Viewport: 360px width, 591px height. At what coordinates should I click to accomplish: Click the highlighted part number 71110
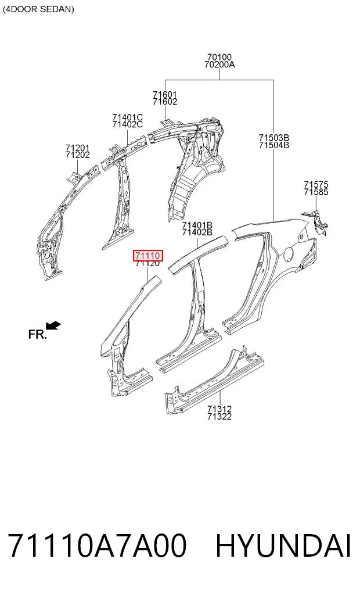tap(148, 256)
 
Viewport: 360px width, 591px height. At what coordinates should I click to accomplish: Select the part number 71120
tap(148, 263)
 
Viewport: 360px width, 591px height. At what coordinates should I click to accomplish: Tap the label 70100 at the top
tap(219, 58)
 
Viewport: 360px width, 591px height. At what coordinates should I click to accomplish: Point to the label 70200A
tap(219, 65)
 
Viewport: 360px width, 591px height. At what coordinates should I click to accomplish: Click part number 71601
tap(165, 94)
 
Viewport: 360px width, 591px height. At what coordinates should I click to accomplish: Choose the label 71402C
tap(127, 124)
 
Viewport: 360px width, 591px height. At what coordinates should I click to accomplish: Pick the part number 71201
tap(78, 148)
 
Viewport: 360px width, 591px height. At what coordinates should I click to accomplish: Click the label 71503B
tap(273, 138)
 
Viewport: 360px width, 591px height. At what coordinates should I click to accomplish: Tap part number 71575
tap(316, 185)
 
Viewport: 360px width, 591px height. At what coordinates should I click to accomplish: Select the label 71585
tap(316, 192)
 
